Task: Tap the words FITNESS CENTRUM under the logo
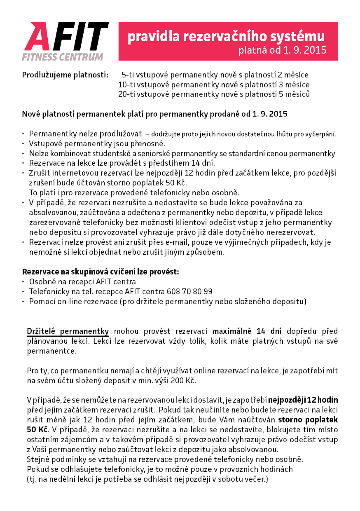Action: pyautogui.click(x=63, y=56)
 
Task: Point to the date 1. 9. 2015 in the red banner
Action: pyautogui.click(x=304, y=50)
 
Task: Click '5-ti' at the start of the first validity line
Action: pyautogui.click(x=128, y=75)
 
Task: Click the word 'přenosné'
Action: pyautogui.click(x=150, y=144)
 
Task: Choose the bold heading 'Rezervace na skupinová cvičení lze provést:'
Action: pyautogui.click(x=101, y=272)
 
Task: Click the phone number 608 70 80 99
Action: pyautogui.click(x=190, y=292)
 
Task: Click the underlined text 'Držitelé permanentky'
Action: pyautogui.click(x=68, y=331)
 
